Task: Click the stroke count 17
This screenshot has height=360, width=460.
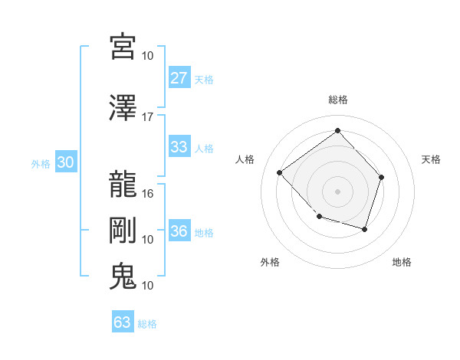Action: pos(148,117)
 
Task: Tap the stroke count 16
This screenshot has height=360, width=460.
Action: pos(148,194)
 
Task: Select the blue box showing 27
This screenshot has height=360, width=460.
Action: pos(179,78)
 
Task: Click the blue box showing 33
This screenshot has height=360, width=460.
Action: pos(179,147)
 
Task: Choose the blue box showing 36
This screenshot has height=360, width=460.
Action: pos(179,232)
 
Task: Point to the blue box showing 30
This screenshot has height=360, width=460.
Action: pos(65,162)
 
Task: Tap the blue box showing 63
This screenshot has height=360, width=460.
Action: pos(122,322)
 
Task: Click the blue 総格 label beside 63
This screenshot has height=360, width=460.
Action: pos(147,324)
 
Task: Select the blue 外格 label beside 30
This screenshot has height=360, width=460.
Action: pos(41,163)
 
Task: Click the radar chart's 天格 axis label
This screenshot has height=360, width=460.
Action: pos(432,159)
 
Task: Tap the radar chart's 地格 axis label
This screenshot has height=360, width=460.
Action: pos(402,262)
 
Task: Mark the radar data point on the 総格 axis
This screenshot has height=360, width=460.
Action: pos(337,131)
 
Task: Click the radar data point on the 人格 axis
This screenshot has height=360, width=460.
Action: pos(280,172)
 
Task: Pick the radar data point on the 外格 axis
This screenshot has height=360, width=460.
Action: pos(320,217)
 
